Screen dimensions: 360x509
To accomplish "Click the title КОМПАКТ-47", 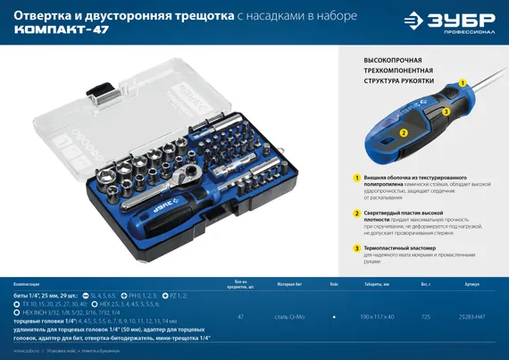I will [x=59, y=29].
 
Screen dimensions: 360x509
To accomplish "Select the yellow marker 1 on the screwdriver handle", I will [x=462, y=80].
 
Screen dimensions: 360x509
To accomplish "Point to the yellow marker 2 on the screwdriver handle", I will [x=404, y=131].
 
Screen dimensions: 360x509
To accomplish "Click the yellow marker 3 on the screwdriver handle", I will [x=446, y=112].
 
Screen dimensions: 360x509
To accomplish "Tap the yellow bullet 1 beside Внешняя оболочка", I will [x=356, y=179].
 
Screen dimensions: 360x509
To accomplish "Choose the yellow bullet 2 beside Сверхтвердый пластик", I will [x=356, y=213].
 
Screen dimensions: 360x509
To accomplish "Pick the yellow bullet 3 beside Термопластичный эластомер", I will [x=356, y=247].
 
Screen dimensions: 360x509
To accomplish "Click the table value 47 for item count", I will [x=240, y=317].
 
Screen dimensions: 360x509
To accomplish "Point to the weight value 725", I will [x=426, y=317].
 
